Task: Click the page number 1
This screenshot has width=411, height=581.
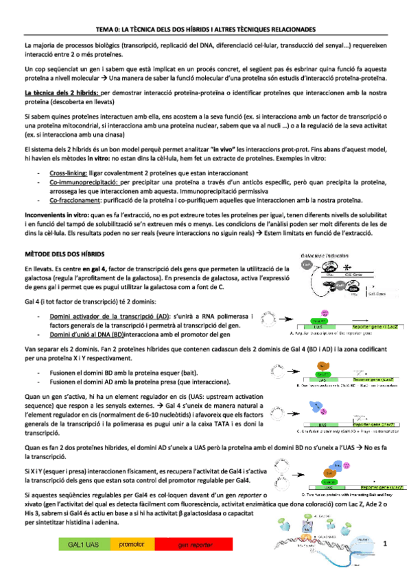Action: tap(386, 544)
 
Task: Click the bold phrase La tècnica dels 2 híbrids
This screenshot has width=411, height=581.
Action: tap(61, 91)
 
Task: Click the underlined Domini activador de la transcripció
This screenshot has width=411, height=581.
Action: tap(109, 317)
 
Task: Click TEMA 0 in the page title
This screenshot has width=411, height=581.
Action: tap(108, 30)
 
